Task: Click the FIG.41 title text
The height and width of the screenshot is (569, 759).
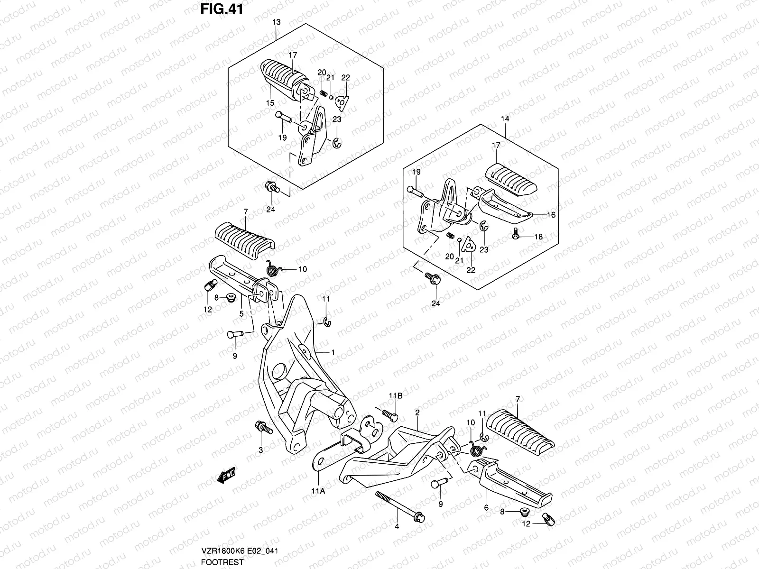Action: [222, 9]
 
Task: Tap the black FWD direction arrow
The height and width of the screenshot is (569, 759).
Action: [226, 476]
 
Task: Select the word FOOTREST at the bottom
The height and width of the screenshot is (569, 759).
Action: [222, 562]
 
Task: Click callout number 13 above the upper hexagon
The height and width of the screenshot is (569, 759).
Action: [276, 22]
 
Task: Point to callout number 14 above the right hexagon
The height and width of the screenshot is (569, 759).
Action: [505, 119]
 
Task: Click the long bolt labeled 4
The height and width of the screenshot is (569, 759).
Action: [400, 507]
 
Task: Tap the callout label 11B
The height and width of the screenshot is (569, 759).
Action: [396, 396]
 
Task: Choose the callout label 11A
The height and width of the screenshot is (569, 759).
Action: [318, 491]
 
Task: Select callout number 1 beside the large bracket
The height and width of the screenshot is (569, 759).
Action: [333, 353]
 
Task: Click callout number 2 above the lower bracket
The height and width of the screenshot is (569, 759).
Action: [417, 413]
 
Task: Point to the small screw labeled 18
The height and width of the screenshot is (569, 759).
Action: [516, 234]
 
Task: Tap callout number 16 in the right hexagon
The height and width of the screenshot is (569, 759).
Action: [551, 215]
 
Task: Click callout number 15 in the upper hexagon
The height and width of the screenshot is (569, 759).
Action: [270, 103]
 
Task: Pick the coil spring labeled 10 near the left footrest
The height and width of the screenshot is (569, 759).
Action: [275, 268]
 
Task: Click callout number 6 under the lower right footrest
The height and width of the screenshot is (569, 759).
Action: [486, 508]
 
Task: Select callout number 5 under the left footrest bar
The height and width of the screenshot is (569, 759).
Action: [241, 314]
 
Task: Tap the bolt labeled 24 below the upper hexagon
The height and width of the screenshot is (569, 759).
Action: [272, 188]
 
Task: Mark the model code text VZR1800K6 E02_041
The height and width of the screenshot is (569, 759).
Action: [240, 551]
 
